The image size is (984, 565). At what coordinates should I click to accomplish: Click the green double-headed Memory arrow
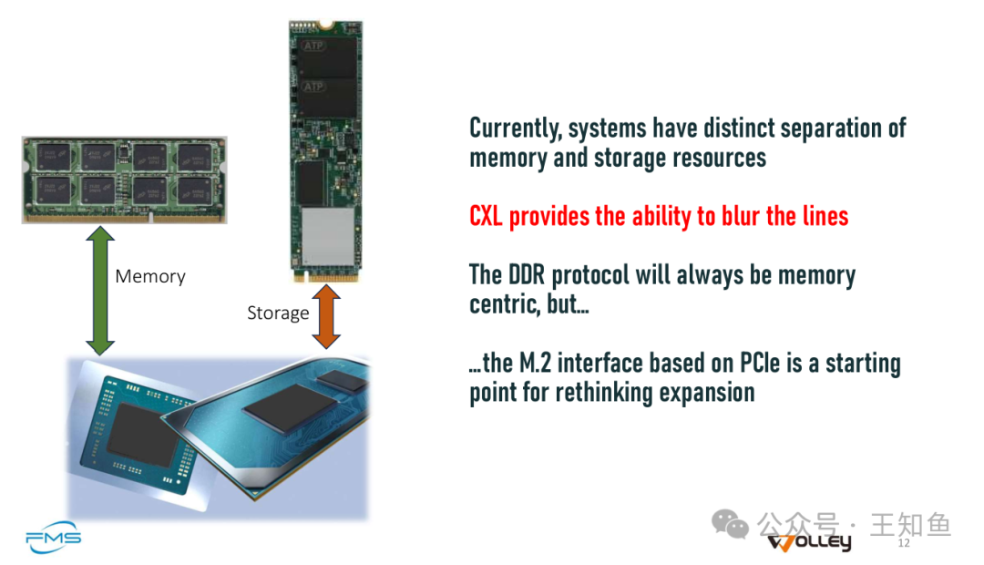pos(100,291)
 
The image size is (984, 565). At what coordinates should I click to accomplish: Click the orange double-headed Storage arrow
pos(326,316)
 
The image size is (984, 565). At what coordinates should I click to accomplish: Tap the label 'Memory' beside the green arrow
pos(150,276)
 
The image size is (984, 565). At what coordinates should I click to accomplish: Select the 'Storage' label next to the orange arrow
pos(278,313)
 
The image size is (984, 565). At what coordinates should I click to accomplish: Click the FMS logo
pos(54,538)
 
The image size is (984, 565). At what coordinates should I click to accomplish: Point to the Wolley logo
pos(810,542)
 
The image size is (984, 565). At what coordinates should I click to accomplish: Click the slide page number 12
pos(904,543)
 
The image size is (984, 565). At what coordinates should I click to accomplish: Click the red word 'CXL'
pos(486,217)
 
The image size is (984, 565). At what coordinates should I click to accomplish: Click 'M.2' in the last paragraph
pos(536,363)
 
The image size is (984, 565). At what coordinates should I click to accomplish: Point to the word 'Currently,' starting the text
pos(515,128)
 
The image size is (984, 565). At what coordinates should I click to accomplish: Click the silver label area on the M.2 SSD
pos(328,236)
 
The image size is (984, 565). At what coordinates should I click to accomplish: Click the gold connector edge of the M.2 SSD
pos(326,277)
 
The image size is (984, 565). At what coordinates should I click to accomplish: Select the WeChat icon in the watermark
pos(730,524)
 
